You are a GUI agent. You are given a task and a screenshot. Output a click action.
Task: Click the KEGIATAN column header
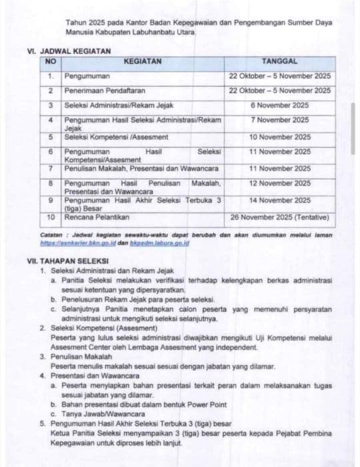click(x=143, y=61)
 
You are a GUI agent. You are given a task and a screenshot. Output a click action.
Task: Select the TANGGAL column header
click(x=279, y=61)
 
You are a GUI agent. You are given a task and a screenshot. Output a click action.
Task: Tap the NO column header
click(x=50, y=61)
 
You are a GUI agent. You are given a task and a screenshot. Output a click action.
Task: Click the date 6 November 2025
click(x=280, y=105)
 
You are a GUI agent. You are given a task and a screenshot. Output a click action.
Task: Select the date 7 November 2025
click(x=280, y=120)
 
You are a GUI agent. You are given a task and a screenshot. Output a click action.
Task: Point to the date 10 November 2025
click(x=280, y=137)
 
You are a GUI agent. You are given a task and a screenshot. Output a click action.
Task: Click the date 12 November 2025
click(x=280, y=183)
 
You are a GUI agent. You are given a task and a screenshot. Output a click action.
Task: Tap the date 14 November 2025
click(x=280, y=200)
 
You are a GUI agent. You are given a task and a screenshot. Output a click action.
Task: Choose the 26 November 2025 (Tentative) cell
click(x=280, y=217)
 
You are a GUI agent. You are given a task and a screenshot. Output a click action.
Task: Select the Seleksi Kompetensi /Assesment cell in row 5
click(x=116, y=137)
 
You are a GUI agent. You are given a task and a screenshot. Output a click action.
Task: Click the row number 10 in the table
click(x=50, y=217)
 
